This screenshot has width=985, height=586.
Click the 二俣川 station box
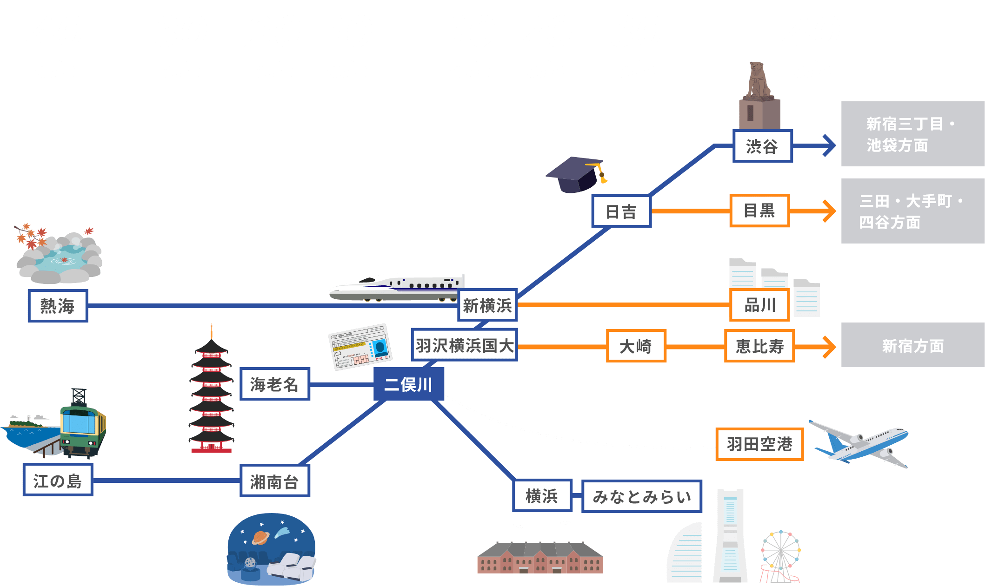pos(408,384)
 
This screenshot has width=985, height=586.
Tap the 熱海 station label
pos(58,306)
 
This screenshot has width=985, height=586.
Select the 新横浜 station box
pos(487,305)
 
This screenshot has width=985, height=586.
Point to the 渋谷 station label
pos(762,146)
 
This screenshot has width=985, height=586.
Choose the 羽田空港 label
pos(759,444)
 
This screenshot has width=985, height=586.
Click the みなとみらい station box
pos(641,496)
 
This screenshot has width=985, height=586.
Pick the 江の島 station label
pos(58,480)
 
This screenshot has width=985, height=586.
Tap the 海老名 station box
pos(274,384)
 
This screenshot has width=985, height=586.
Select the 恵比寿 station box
pos(759,346)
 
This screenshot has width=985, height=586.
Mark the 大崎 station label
pos(636,346)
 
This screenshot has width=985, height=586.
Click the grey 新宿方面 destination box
pos(912,345)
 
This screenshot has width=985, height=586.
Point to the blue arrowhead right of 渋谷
pos(829,146)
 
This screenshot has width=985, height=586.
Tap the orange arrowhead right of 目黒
pos(829,211)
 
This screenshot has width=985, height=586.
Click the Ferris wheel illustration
pos(781,555)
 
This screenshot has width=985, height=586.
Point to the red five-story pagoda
pos(212,395)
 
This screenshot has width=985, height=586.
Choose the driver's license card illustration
pos(360,347)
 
